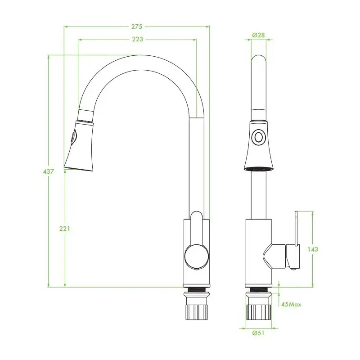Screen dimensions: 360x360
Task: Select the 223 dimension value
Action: click(x=137, y=40)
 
